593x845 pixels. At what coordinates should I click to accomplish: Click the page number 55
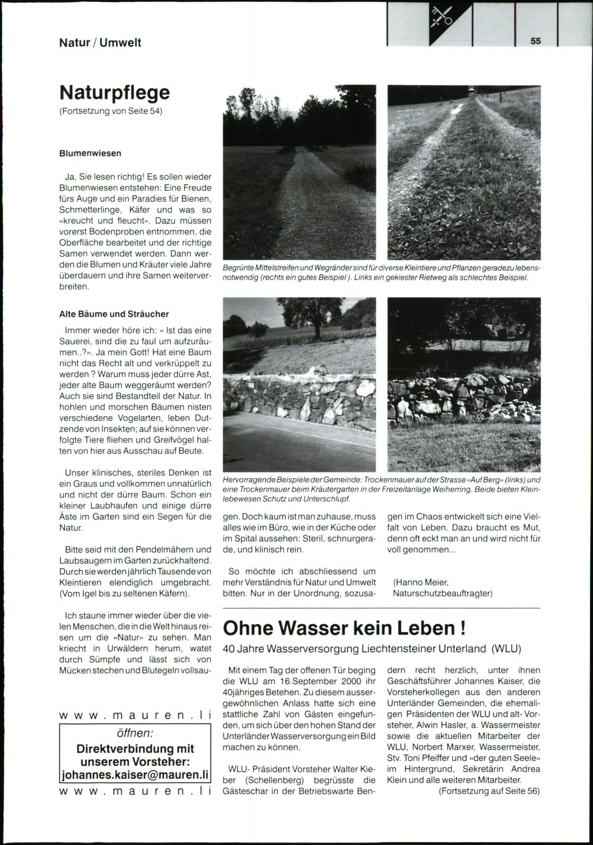coord(536,41)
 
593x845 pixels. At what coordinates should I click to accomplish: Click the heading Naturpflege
coord(114,92)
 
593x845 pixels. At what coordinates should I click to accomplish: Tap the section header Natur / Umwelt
coord(100,42)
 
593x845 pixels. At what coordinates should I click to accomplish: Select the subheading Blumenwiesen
coord(90,153)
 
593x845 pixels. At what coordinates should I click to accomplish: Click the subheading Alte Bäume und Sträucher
coord(114,314)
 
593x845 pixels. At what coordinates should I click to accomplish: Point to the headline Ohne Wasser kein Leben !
coord(344,628)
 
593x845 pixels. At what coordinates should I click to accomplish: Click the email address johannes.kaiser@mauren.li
coord(135,775)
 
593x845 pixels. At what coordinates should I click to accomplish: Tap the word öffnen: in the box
coord(135,733)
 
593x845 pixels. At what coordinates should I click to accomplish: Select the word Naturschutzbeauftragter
coord(442,593)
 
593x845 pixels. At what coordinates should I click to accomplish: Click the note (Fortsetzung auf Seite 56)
coord(489,791)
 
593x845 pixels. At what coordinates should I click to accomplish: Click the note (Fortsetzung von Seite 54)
coord(111,111)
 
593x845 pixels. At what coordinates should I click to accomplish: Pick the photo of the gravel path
coord(299,172)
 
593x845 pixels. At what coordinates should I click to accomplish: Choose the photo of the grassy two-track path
coord(464,172)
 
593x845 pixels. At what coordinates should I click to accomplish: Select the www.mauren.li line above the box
coord(135,715)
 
